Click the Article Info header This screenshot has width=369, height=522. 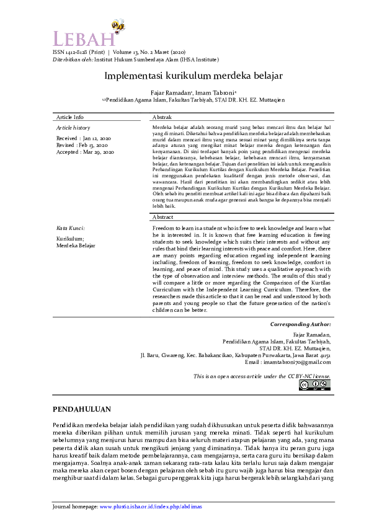tap(70, 117)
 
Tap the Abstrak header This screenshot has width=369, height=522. tap(162, 117)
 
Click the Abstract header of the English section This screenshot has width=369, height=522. tap(164, 218)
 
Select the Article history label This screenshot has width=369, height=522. tap(73, 127)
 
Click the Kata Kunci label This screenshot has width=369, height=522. tap(71, 228)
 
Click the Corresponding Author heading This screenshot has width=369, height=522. tap(300, 324)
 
